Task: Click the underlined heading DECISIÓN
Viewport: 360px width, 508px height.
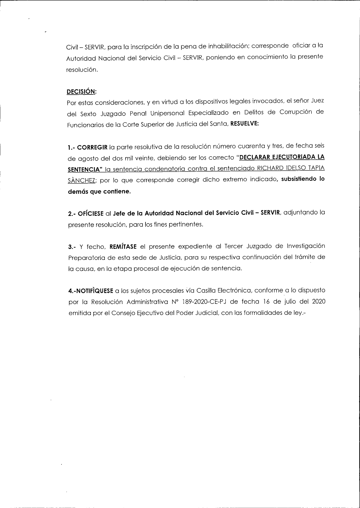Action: pos(81,92)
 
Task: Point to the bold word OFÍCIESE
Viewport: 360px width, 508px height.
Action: pos(90,214)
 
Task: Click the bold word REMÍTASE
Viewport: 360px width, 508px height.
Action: pos(125,247)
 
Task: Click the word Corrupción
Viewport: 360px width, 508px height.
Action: pos(296,112)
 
